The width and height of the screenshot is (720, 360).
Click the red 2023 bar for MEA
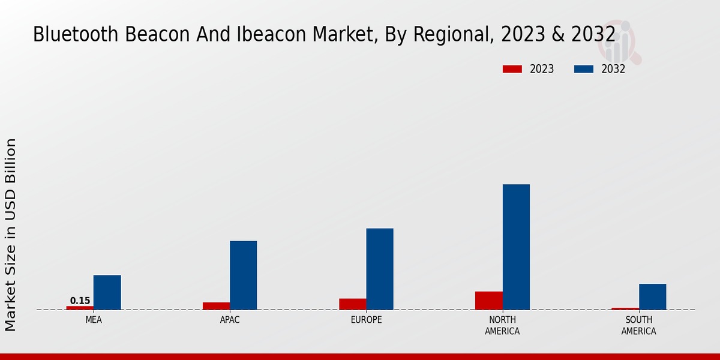click(x=80, y=308)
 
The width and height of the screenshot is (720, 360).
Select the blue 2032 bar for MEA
click(x=107, y=292)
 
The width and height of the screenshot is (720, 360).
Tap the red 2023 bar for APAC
click(x=216, y=306)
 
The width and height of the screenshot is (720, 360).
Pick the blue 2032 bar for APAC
click(x=243, y=275)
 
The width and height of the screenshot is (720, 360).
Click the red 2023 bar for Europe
click(x=352, y=304)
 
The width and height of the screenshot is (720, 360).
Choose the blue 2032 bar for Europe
click(x=380, y=269)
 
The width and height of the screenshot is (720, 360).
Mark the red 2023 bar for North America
click(x=488, y=301)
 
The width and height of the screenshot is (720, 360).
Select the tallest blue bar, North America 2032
click(x=516, y=247)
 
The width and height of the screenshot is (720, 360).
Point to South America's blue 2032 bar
click(x=652, y=296)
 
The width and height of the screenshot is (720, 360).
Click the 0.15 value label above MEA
click(x=80, y=301)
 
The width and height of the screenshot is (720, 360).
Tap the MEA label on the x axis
click(x=94, y=320)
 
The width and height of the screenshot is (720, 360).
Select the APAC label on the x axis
click(x=230, y=320)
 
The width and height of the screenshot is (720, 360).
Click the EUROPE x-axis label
click(x=366, y=320)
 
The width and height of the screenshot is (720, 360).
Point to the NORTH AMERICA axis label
click(x=502, y=326)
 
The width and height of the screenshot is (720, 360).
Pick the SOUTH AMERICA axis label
click(x=638, y=326)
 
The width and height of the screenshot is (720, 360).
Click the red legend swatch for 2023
click(x=512, y=69)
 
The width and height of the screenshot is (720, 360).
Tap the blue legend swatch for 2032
click(x=583, y=69)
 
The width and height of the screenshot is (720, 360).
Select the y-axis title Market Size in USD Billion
click(x=11, y=234)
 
